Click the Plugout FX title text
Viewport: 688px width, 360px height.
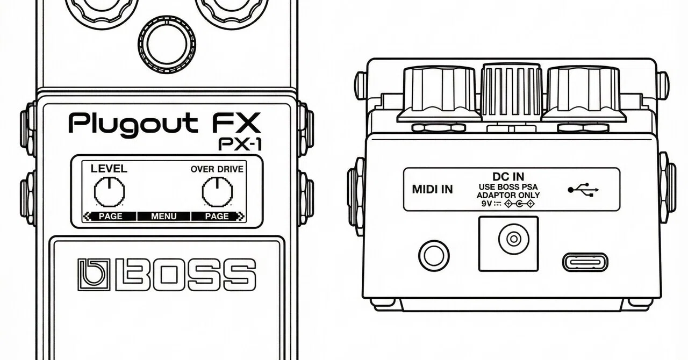[164, 124]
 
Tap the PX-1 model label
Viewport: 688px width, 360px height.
[240, 145]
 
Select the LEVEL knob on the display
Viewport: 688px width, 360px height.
[109, 192]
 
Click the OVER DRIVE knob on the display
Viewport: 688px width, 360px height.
[217, 192]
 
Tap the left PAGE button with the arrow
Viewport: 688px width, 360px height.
[110, 216]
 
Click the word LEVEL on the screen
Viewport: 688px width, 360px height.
[109, 169]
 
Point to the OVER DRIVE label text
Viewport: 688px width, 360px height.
[217, 169]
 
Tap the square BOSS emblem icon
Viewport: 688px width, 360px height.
[94, 275]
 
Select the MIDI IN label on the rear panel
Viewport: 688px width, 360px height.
[432, 190]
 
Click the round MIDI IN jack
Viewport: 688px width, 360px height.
[434, 256]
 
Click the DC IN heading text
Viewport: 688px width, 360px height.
[508, 177]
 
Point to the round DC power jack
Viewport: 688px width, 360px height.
[513, 239]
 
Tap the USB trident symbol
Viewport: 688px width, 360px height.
[583, 190]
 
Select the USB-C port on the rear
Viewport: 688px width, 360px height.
[585, 262]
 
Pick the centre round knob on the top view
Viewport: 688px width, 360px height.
[167, 44]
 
